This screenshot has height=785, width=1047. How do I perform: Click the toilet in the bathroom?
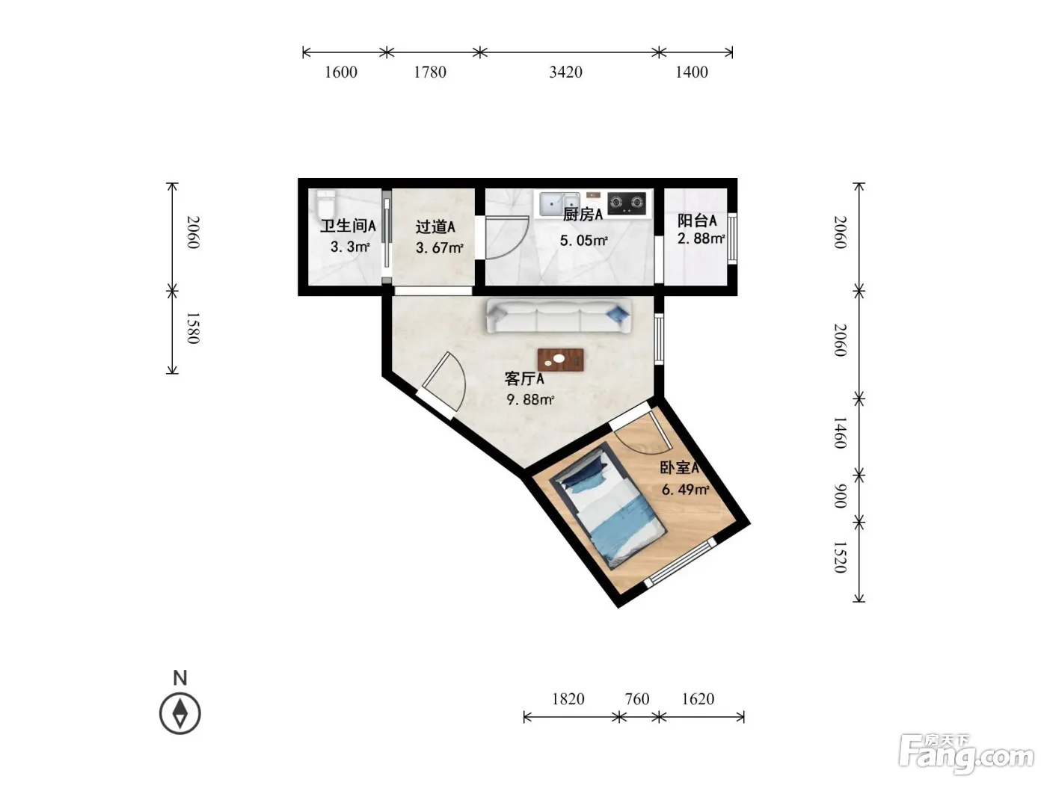click(x=327, y=204)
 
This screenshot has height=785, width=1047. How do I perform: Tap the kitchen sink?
click(x=559, y=204)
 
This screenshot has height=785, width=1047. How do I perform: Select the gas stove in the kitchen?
click(x=626, y=203)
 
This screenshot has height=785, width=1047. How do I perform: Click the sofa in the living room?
click(x=559, y=315)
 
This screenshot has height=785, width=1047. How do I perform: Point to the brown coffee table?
click(x=560, y=360)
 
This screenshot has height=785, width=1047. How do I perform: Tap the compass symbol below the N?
click(x=179, y=713)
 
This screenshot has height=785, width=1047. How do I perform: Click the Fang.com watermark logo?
click(x=966, y=754)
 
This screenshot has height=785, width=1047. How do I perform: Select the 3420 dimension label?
click(x=565, y=72)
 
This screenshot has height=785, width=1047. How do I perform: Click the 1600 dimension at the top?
click(x=340, y=72)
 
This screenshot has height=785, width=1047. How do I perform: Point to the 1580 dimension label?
click(x=192, y=328)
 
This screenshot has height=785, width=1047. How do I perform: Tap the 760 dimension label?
click(x=636, y=699)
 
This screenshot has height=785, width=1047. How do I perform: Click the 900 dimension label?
click(x=840, y=496)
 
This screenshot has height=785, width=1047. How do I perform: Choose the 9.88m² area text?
click(x=530, y=399)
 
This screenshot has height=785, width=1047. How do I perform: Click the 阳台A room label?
click(x=697, y=221)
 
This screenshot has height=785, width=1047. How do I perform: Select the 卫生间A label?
click(x=348, y=226)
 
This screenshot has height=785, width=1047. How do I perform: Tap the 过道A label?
click(x=435, y=227)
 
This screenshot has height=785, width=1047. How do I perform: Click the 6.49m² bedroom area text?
click(x=686, y=489)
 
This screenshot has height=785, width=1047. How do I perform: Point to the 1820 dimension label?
click(x=568, y=699)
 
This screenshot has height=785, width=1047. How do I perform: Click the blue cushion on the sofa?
click(x=617, y=313)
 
